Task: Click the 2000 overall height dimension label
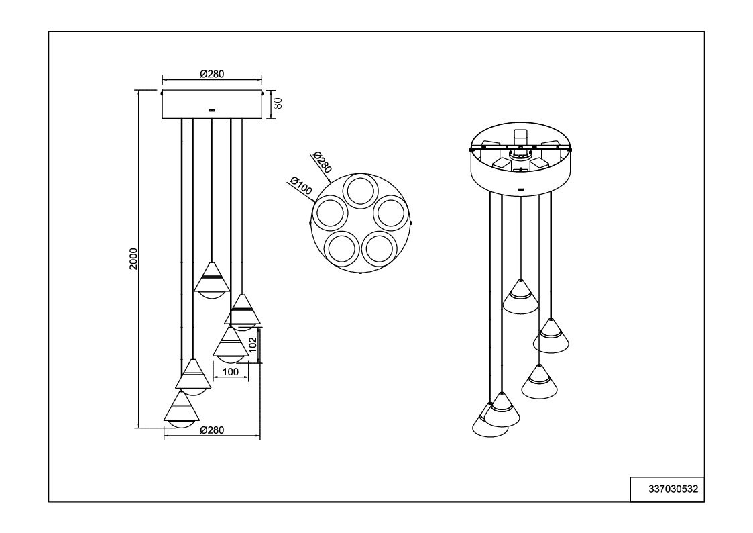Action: tap(133, 258)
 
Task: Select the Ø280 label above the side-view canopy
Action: tap(212, 74)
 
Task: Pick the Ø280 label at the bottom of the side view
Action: tap(212, 430)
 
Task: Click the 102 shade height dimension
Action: tap(253, 344)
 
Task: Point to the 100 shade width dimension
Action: tap(231, 371)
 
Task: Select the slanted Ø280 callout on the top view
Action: tap(322, 162)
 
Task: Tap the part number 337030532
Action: tap(673, 489)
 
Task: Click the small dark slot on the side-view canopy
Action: tap(212, 111)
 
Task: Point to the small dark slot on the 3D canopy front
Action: tap(521, 189)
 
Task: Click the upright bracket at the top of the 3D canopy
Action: tap(520, 137)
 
